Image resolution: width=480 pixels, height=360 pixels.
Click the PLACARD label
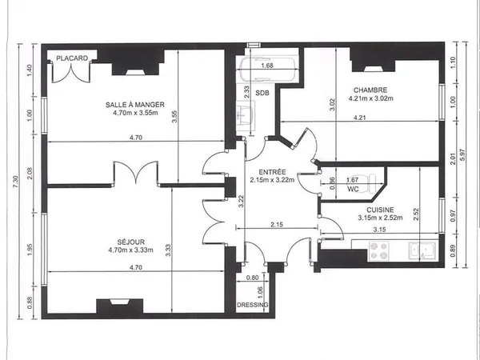[x=72, y=58]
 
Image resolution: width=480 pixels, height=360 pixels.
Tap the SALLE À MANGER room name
[x=135, y=105]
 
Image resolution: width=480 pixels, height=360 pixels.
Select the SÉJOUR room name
[x=131, y=242]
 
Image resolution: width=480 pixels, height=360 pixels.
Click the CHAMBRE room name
[x=370, y=90]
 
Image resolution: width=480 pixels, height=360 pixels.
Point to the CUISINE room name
[x=380, y=210]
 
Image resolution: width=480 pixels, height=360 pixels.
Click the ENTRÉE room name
[x=272, y=172]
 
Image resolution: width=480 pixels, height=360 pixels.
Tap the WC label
[x=353, y=189]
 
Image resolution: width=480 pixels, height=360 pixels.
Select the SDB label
[x=262, y=93]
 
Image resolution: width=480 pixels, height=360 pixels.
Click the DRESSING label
[x=253, y=305]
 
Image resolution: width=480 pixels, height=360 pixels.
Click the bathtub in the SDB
[x=269, y=70]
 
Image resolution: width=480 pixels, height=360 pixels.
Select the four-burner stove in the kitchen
[x=378, y=251]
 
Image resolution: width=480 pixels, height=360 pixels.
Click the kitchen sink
[x=422, y=251]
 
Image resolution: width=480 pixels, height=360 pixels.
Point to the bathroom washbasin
[x=246, y=114]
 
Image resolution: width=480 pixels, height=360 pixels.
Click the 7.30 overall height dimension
[x=16, y=182]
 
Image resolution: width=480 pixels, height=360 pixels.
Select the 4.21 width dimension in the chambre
[x=359, y=118]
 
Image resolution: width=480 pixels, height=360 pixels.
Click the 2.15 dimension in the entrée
[x=277, y=224]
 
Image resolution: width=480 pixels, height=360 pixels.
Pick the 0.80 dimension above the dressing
[x=252, y=278]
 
